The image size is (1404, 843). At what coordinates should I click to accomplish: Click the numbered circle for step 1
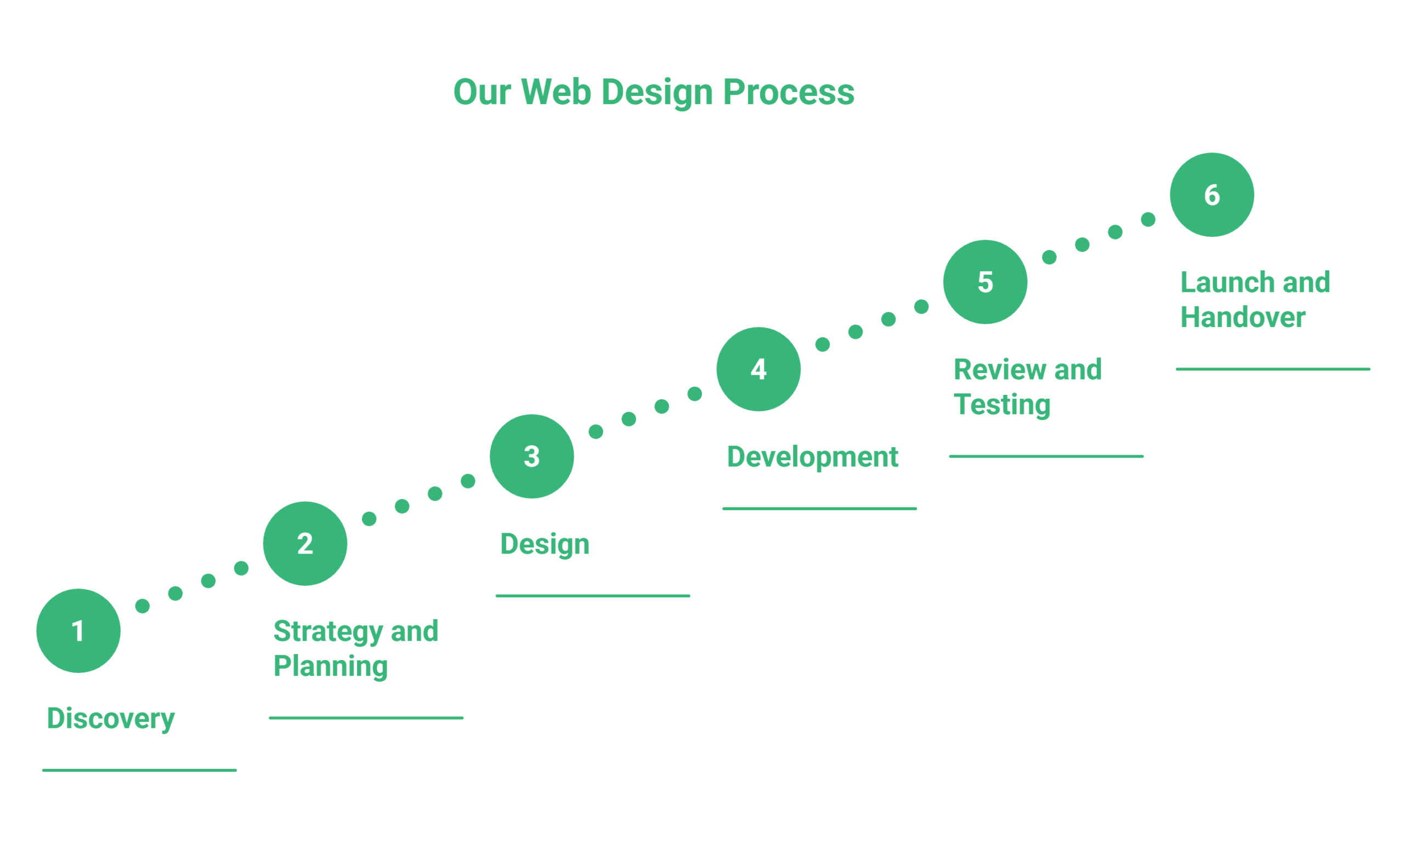78,631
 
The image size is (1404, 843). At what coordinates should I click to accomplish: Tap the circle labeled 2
305,544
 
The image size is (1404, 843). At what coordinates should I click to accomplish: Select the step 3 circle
531,456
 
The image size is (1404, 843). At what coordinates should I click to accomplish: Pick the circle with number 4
758,369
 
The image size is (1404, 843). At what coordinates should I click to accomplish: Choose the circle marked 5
985,282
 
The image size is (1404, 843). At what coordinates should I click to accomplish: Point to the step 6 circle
1212,195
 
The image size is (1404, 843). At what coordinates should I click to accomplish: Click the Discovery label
111,718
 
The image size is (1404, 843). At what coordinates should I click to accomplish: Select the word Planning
330,666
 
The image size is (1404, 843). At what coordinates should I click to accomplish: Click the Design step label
545,544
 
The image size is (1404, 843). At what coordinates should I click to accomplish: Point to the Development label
812,457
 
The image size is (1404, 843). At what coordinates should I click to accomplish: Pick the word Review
999,370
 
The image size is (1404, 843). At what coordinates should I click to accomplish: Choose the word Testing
1002,405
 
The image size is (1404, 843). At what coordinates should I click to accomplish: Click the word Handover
1243,317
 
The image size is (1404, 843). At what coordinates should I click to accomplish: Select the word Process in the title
788,92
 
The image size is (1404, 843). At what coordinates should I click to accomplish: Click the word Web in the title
556,92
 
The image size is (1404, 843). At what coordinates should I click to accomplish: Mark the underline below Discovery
139,770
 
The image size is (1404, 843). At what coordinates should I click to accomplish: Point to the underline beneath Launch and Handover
1273,369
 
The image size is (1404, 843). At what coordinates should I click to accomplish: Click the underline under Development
819,508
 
